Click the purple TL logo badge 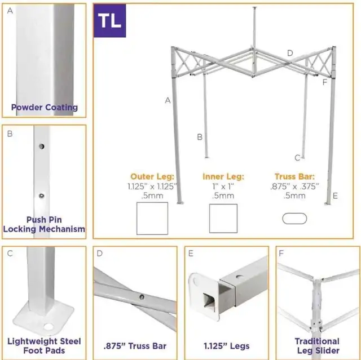pyautogui.click(x=109, y=21)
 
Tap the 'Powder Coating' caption pyautogui.click(x=45, y=107)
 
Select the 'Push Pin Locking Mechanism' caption pyautogui.click(x=44, y=224)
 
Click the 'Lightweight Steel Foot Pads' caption pyautogui.click(x=44, y=345)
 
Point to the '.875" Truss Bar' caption pyautogui.click(x=135, y=345)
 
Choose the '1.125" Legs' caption pyautogui.click(x=225, y=345)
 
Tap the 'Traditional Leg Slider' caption pyautogui.click(x=317, y=345)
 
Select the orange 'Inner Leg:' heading pyautogui.click(x=223, y=176)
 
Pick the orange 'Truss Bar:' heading pyautogui.click(x=294, y=176)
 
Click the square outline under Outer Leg pyautogui.click(x=152, y=218)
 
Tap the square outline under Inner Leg pyautogui.click(x=223, y=219)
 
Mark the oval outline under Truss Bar pyautogui.click(x=294, y=218)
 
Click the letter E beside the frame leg pyautogui.click(x=335, y=196)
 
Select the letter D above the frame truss pyautogui.click(x=290, y=53)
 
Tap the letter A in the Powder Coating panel pyautogui.click(x=10, y=11)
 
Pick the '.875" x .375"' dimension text pyautogui.click(x=294, y=186)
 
